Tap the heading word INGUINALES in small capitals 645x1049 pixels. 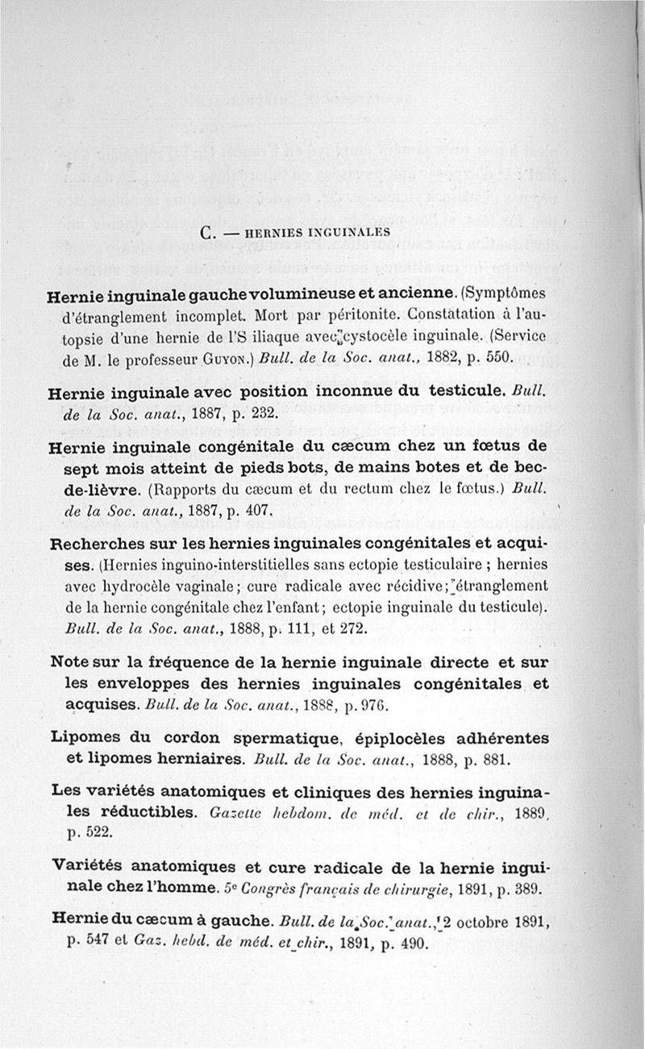(x=352, y=232)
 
